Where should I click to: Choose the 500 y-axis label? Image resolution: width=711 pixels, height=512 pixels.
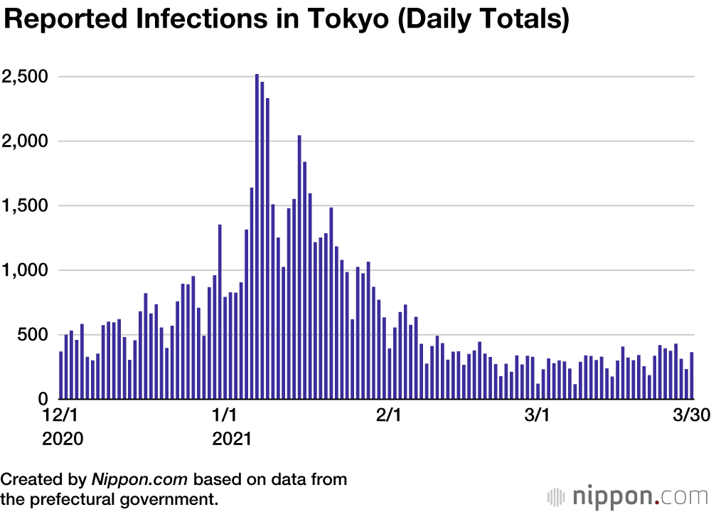[x=33, y=335]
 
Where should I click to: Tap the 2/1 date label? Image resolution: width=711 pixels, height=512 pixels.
[x=388, y=415]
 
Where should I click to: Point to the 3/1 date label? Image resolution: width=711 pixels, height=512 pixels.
[x=538, y=415]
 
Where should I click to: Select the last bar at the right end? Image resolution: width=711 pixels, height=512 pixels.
[x=691, y=375]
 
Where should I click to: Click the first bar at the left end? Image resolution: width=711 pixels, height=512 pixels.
[x=61, y=375]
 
